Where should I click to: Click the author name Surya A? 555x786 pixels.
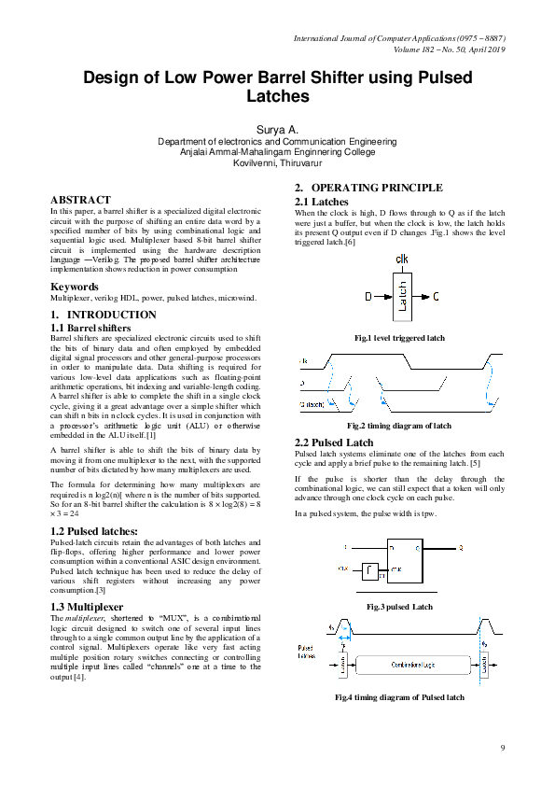[277, 127]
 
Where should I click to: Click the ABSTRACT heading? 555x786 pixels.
[80, 200]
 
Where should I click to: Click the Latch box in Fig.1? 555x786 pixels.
[403, 297]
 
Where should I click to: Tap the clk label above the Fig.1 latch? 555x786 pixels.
[402, 259]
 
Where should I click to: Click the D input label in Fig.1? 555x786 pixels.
[368, 297]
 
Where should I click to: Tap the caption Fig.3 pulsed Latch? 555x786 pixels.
[399, 607]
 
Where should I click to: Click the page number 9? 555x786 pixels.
[502, 748]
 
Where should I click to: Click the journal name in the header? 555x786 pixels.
[382, 38]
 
